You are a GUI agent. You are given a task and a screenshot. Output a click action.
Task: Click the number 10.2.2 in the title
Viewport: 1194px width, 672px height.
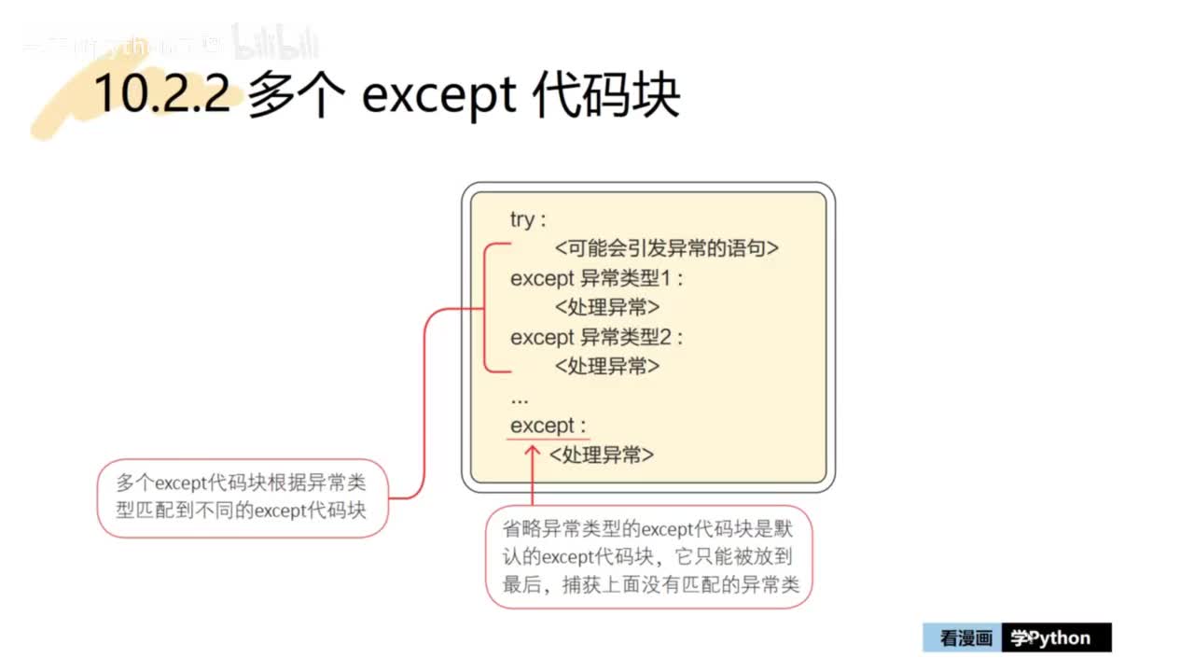[162, 94]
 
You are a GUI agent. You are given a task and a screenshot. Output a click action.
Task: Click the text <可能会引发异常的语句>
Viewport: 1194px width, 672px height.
[666, 248]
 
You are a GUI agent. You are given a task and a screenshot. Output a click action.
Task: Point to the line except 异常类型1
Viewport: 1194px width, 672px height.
[597, 278]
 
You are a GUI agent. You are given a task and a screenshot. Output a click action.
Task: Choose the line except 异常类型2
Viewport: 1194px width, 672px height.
[597, 336]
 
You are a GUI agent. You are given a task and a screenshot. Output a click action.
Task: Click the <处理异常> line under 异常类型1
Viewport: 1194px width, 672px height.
[607, 307]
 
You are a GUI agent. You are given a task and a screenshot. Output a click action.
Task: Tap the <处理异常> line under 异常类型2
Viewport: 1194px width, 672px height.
[607, 366]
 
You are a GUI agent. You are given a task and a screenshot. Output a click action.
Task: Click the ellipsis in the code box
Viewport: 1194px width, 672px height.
[520, 399]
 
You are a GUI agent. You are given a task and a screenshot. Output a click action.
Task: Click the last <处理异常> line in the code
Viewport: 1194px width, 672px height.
[602, 455]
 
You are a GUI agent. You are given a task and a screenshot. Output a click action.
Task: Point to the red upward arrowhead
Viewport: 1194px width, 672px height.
[532, 452]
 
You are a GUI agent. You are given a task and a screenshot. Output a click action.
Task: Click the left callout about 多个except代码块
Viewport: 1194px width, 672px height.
[242, 497]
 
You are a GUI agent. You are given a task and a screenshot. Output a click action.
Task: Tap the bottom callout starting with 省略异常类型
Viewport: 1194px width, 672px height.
[649, 557]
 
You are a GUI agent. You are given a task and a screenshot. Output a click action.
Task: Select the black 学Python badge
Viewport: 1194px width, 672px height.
[1056, 638]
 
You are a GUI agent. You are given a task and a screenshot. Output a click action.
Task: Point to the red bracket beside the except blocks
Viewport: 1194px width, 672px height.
[488, 308]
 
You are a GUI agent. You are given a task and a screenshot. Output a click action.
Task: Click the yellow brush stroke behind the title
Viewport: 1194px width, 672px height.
[65, 103]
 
